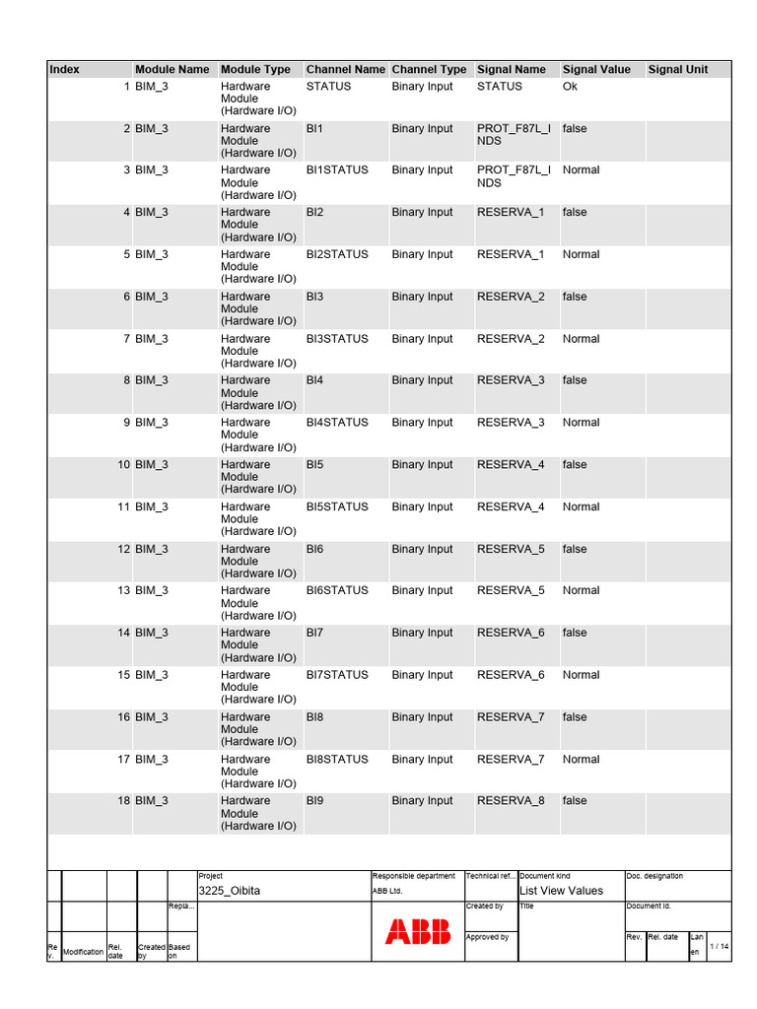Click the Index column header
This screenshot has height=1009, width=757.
point(65,70)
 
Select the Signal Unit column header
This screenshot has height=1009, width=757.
point(678,70)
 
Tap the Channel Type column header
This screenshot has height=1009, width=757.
point(429,70)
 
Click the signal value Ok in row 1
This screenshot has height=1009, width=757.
point(570,87)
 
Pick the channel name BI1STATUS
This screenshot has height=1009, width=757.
point(337,170)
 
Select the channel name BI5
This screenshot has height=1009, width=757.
point(314,465)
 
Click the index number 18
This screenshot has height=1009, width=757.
point(123,801)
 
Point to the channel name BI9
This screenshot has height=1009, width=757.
point(314,801)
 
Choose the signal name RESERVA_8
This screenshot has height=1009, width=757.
point(511,801)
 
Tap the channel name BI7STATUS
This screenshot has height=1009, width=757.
point(337,675)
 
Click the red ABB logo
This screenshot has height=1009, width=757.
point(418,932)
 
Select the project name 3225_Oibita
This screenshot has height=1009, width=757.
point(230,891)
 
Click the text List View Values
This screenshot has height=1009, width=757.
point(561,891)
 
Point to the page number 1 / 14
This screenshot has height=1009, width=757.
point(720,947)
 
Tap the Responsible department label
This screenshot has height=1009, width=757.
point(413,876)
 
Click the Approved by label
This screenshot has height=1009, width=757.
point(487,938)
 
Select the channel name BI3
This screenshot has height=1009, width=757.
point(314,297)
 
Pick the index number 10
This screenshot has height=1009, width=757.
point(123,465)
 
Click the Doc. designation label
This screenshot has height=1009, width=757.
point(654,876)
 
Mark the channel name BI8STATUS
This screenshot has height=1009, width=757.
point(337,760)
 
